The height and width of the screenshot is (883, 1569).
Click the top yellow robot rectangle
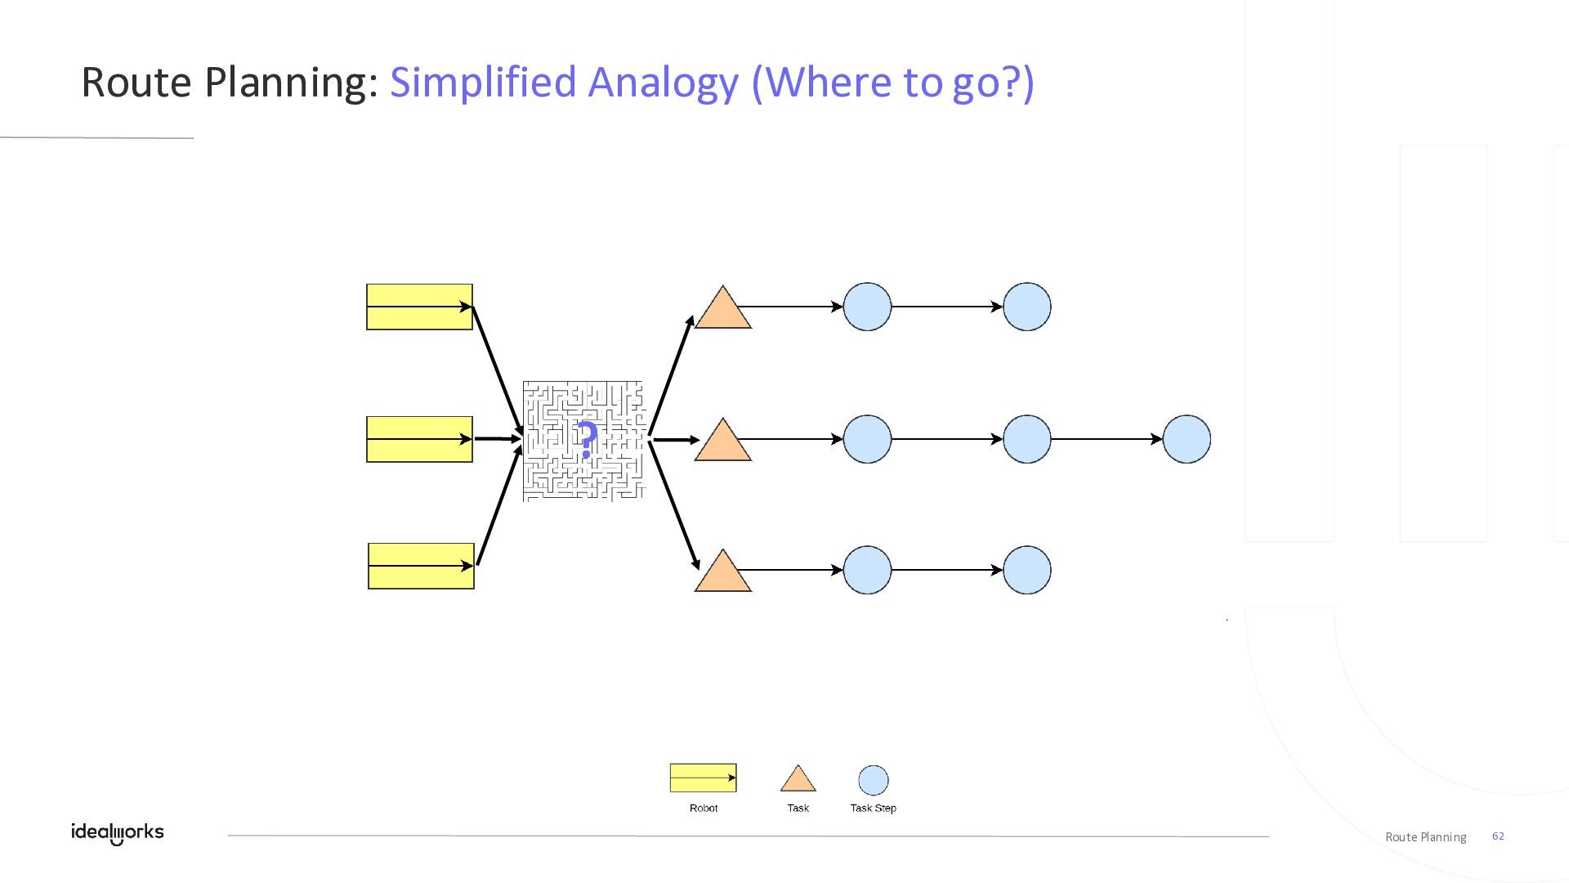coord(419,307)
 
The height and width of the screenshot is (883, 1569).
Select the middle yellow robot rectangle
coord(419,440)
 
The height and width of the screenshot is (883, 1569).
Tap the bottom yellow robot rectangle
coord(421,566)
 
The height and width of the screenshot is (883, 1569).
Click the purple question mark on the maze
coord(586,440)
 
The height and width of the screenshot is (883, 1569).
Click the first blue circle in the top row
coord(867,307)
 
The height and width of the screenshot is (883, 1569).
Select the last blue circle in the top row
coord(1026,307)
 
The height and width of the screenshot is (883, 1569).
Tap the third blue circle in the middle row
coord(1187,439)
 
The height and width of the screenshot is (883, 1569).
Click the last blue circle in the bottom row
coord(1026,570)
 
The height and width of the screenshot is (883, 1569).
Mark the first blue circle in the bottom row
coord(867,570)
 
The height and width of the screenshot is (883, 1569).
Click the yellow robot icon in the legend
coord(703,778)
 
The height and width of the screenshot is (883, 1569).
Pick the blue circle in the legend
coord(873,780)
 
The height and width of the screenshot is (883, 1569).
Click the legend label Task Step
coord(873,808)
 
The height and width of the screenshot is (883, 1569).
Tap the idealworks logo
coord(117,833)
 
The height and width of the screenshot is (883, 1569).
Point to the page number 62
coord(1498,836)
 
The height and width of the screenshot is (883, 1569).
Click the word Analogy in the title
coord(662,82)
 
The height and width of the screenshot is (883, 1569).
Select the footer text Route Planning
coord(1425,836)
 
